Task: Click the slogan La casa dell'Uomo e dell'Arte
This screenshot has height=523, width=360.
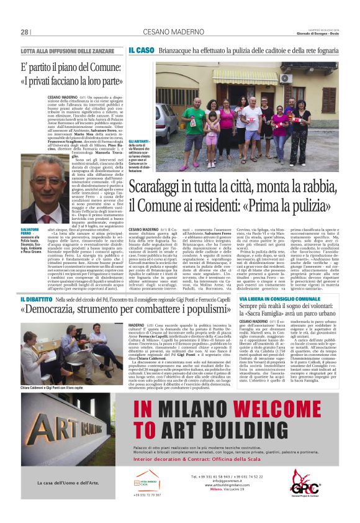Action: (x=60, y=482)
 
